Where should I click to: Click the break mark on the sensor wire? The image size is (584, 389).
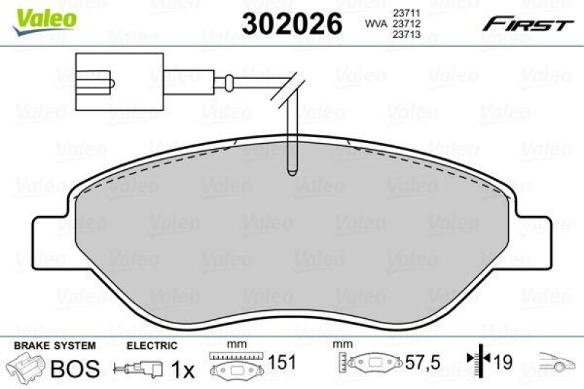click(288, 86)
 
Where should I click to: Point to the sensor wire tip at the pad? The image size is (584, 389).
click(290, 169)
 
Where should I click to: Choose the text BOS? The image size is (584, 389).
click(74, 369)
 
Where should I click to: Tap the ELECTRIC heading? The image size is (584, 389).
click(152, 345)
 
